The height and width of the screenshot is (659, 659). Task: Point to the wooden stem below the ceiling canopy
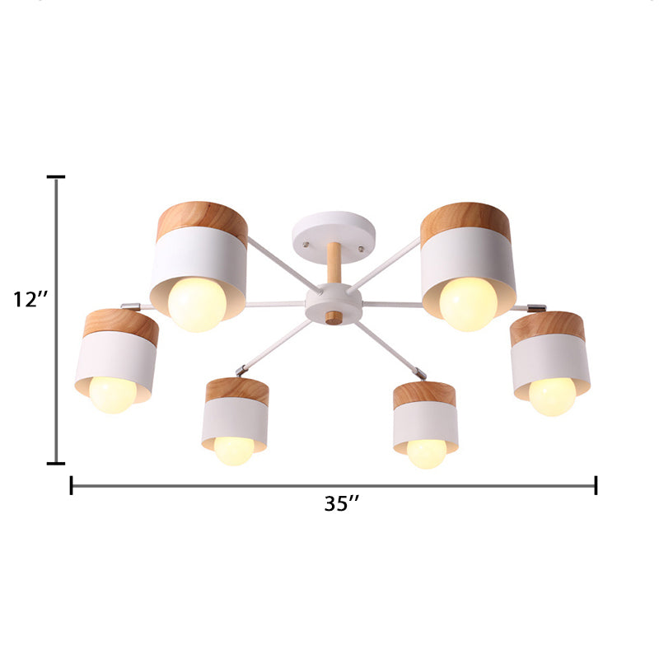click(x=334, y=263)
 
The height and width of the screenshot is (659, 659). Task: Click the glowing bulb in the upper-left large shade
click(x=197, y=304)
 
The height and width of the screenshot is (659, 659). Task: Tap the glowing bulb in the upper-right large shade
click(x=468, y=304)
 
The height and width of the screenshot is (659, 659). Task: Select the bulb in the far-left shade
click(x=113, y=394)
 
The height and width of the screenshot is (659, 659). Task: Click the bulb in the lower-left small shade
click(x=234, y=450)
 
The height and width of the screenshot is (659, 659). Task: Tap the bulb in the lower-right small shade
click(x=426, y=453)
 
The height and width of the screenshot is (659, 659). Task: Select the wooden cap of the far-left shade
click(x=121, y=327)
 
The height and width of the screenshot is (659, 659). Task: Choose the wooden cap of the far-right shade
click(x=548, y=328)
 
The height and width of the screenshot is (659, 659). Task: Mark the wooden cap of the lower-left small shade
click(x=237, y=391)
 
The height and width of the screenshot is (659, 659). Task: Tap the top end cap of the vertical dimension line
click(x=56, y=177)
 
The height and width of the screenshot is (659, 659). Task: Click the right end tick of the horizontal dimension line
click(x=596, y=485)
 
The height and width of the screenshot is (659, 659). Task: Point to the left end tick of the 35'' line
click(x=72, y=485)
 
